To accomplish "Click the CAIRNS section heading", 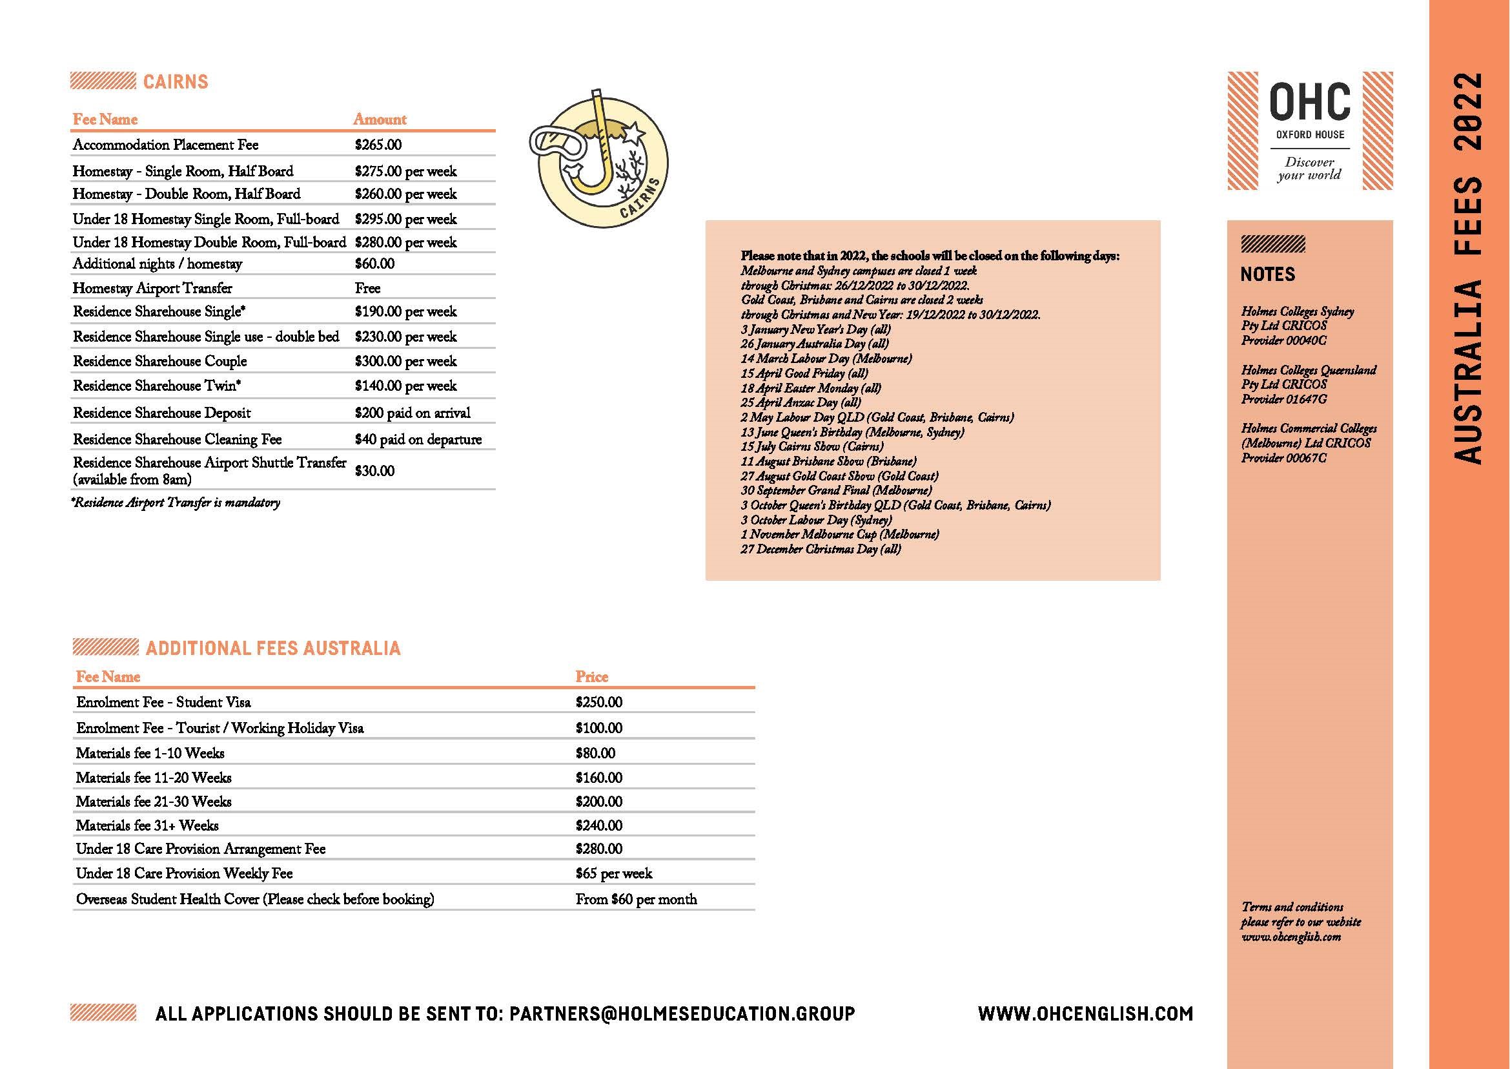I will pos(175,81).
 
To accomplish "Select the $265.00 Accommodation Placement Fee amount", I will pos(378,145).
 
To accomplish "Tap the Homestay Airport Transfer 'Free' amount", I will pos(367,288).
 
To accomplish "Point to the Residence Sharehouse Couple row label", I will pos(160,361).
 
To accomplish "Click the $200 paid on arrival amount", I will pos(412,413).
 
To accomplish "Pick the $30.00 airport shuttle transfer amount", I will pos(374,471).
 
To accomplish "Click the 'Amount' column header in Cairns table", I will pos(380,119).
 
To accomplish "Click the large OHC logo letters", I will pos(1309,102).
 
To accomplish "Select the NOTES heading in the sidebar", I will pos(1267,275).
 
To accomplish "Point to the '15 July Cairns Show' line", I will pos(812,446).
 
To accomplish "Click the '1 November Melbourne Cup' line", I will pos(839,535).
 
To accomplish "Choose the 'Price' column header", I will pos(591,677).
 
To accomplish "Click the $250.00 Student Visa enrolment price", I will pos(598,702).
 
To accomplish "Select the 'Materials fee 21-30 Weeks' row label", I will pos(154,802).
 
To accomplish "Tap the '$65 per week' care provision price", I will pos(613,873).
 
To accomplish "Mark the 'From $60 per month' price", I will pos(636,899).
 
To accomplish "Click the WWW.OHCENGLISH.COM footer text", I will pos(1085,1013).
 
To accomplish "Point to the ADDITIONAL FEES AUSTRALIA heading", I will pos(272,649).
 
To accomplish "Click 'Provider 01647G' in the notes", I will pos(1283,400).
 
